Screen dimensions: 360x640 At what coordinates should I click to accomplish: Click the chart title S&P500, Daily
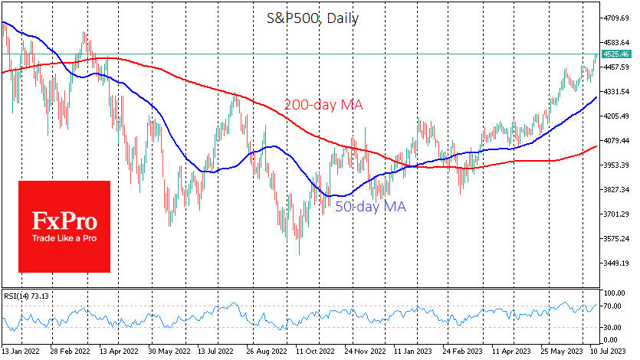(320, 18)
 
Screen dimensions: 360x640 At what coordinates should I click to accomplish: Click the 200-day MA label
(323, 105)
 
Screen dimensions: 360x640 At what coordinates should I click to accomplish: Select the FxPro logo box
(64, 227)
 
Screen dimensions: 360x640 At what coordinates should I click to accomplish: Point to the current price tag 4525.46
(617, 55)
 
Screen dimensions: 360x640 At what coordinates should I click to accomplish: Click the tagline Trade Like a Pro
(64, 237)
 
